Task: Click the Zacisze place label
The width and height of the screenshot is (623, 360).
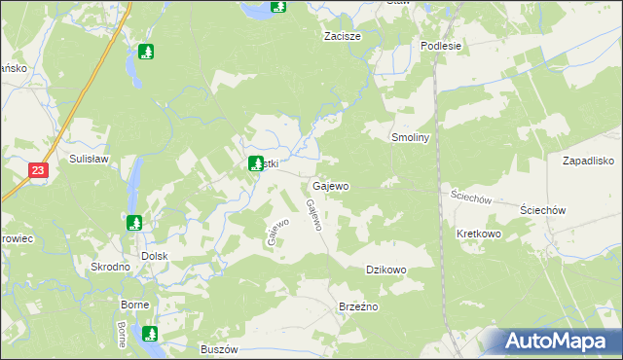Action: [x=343, y=36]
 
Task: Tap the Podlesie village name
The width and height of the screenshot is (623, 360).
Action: [x=439, y=46]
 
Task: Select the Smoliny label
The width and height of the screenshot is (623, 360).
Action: [x=410, y=138]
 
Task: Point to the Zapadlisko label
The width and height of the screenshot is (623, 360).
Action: [x=587, y=161]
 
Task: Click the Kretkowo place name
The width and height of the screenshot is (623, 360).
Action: [x=478, y=234]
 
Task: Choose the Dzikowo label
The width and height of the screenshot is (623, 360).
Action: [x=385, y=270]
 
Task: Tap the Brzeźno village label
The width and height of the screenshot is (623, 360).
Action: [x=357, y=306]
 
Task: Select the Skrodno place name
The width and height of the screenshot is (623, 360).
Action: [x=110, y=267]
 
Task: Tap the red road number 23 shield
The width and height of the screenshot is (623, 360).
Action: [x=38, y=170]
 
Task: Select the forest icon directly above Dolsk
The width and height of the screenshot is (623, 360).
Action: [x=134, y=223]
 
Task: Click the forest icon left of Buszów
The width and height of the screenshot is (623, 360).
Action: [x=150, y=335]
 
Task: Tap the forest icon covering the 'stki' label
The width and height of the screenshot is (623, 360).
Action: [x=256, y=163]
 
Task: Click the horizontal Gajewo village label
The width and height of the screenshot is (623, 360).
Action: [x=330, y=185]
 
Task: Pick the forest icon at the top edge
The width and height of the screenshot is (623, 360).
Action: [x=278, y=6]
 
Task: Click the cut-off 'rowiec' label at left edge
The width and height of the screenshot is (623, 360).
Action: [x=17, y=238]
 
